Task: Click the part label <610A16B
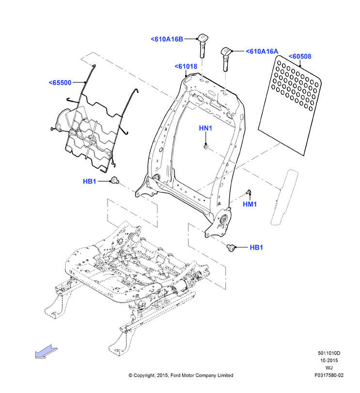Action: (x=167, y=39)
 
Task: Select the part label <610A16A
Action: (x=262, y=51)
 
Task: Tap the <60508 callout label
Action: (x=300, y=56)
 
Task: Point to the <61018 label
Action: (x=186, y=66)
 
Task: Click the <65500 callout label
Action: (x=60, y=83)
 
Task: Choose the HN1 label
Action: (x=205, y=128)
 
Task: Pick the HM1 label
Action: (x=250, y=204)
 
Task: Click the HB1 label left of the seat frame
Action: (x=90, y=181)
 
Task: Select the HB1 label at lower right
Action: (x=256, y=247)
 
